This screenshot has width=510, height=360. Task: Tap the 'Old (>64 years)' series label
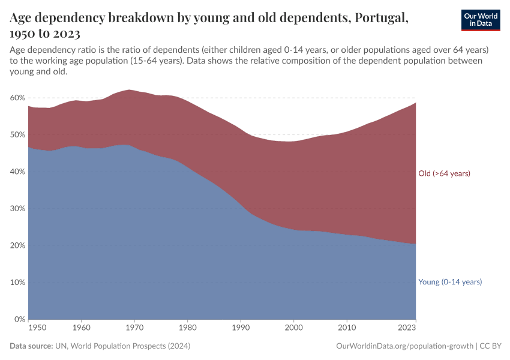(x=444, y=173)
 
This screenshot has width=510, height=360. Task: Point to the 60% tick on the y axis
(x=17, y=98)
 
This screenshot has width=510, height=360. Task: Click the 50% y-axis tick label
(x=17, y=135)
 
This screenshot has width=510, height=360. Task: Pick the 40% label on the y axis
(x=17, y=172)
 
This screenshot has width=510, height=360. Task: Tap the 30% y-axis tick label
(x=17, y=209)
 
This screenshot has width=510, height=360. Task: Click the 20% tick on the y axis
(x=17, y=245)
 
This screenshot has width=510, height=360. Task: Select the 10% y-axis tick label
(x=17, y=283)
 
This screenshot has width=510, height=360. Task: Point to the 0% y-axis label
(x=20, y=319)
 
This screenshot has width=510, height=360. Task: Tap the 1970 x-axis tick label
(x=134, y=328)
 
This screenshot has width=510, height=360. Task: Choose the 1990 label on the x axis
(x=240, y=328)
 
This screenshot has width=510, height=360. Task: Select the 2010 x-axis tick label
(x=346, y=328)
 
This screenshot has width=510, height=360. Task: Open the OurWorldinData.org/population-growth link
(x=405, y=346)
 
